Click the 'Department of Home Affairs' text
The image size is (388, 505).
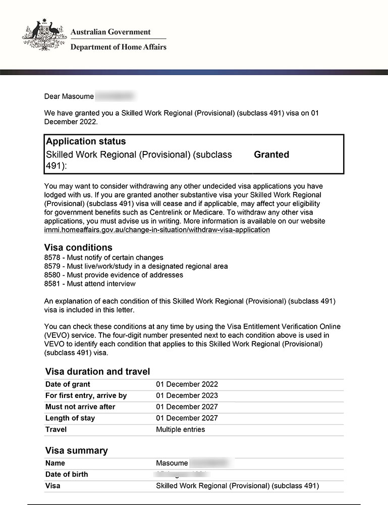(x=118, y=47)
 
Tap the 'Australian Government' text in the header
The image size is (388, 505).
(x=110, y=32)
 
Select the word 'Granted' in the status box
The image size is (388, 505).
(x=271, y=155)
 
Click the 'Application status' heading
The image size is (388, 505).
(x=86, y=141)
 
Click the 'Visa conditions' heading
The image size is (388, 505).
(x=78, y=247)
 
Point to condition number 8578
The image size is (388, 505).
(x=53, y=258)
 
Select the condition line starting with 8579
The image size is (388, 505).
(x=136, y=266)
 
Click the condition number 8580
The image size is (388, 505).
(x=53, y=275)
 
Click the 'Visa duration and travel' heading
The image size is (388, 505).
(x=97, y=372)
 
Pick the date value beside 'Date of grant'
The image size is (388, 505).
(x=187, y=384)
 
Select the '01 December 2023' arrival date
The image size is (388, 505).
(x=187, y=395)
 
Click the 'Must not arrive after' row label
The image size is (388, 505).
(x=80, y=407)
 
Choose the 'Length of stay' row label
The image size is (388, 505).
(x=70, y=418)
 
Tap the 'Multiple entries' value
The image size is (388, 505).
(x=181, y=430)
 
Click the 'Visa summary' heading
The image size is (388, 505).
(x=76, y=450)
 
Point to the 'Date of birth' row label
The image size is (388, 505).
(x=67, y=474)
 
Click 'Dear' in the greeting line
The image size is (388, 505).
(x=52, y=96)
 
